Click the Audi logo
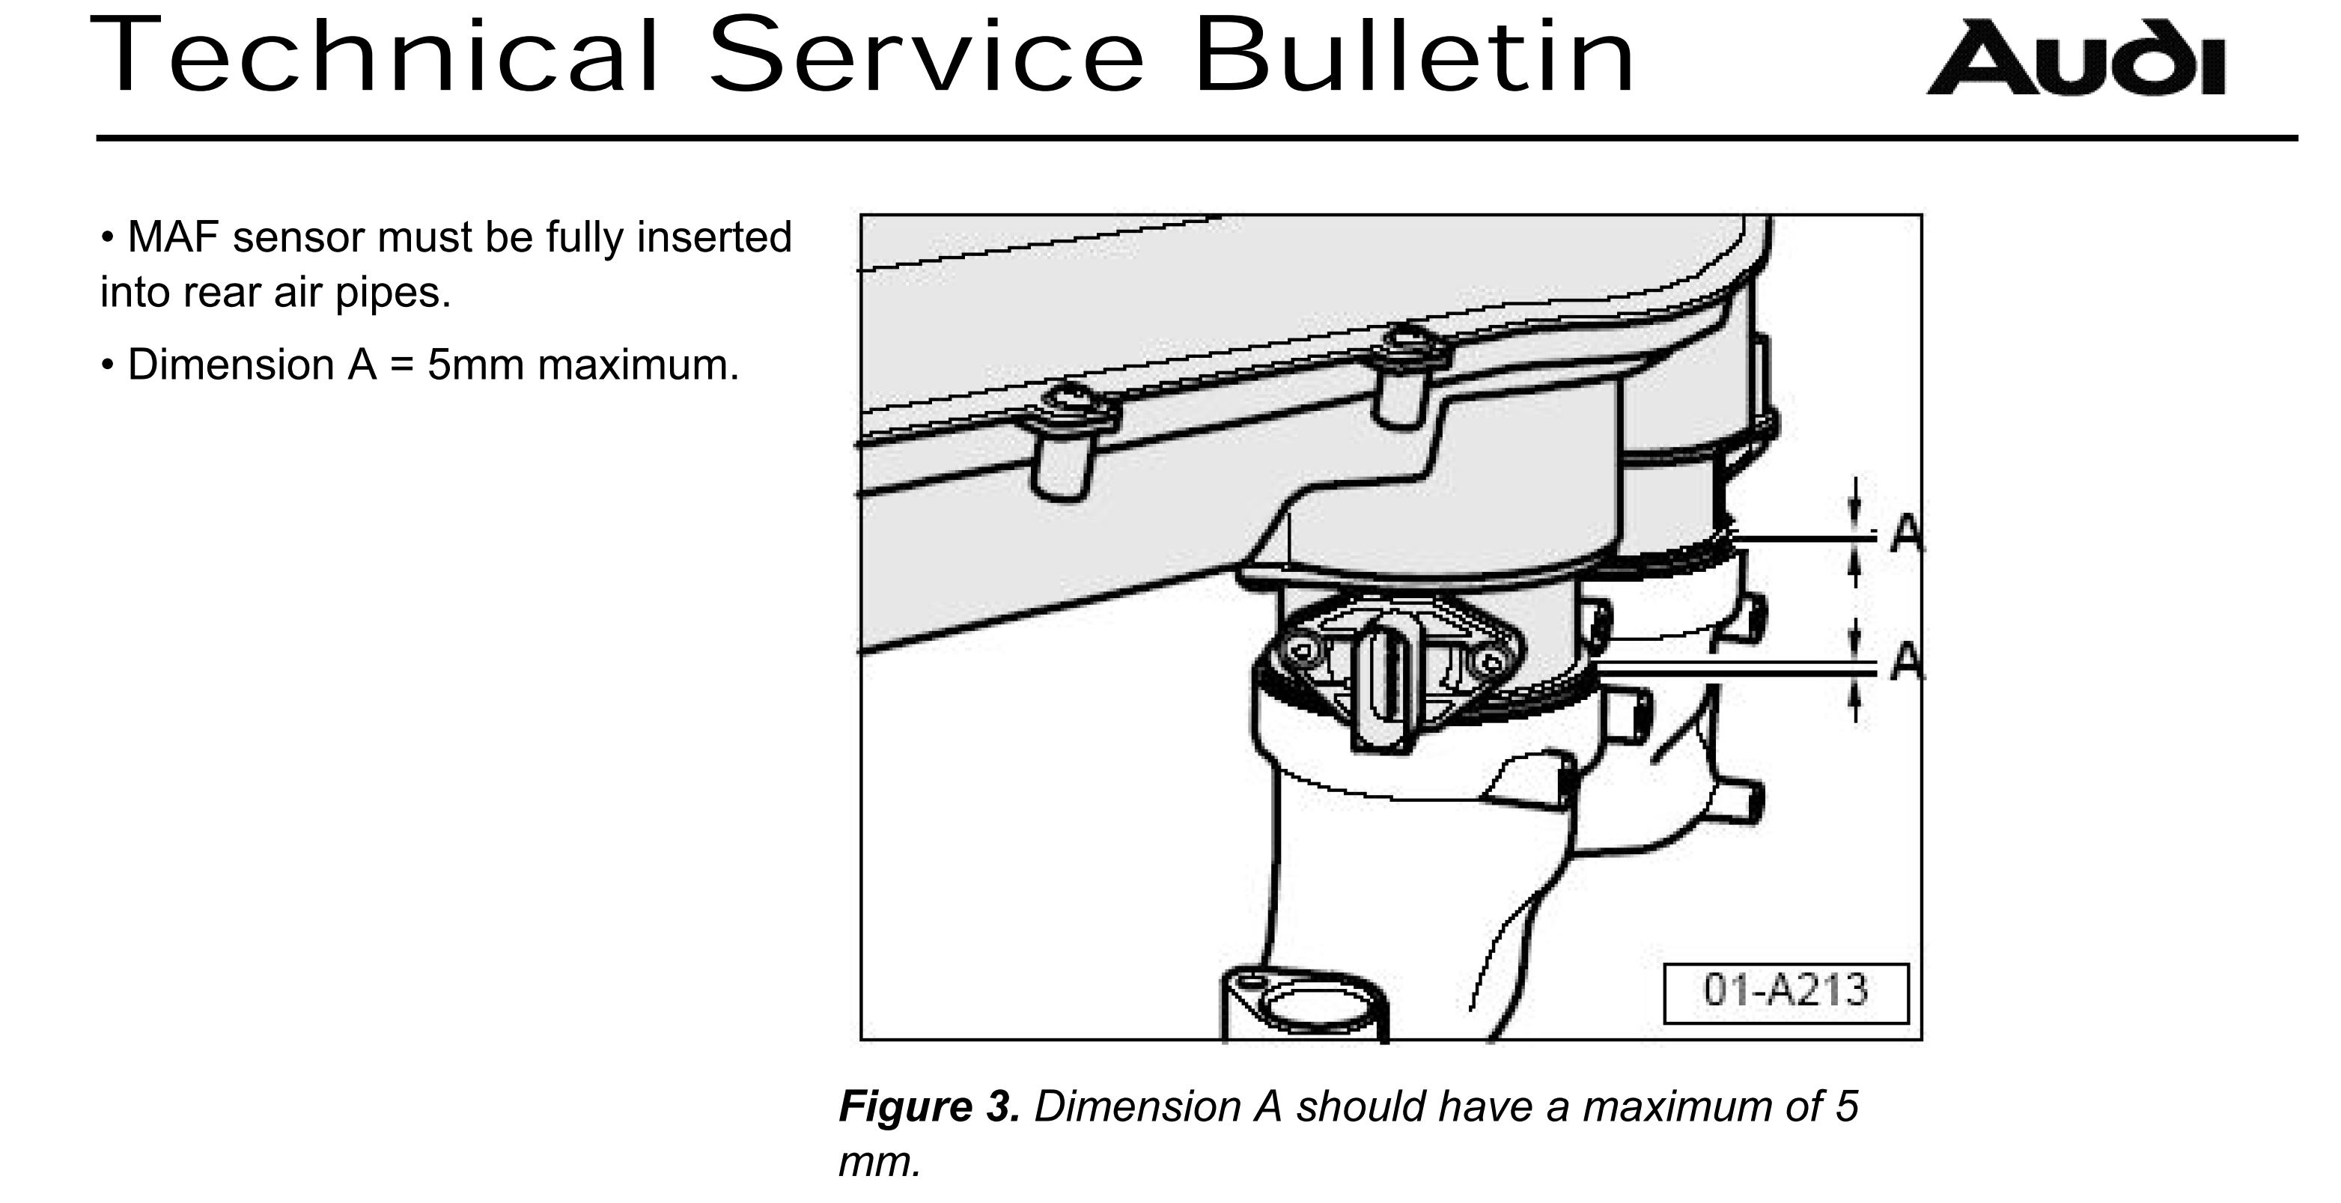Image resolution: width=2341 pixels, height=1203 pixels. point(2074,58)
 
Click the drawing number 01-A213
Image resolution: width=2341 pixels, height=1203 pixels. point(1785,990)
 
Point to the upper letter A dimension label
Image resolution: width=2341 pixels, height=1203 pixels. point(1906,535)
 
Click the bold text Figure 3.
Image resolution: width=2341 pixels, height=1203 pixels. point(929,1106)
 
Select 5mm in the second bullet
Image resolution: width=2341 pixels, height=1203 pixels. point(475,365)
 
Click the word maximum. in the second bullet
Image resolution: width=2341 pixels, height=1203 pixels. point(638,365)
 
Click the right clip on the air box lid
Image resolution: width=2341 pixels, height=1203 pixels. point(1406,368)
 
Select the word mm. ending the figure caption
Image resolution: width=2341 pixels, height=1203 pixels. point(879,1162)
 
